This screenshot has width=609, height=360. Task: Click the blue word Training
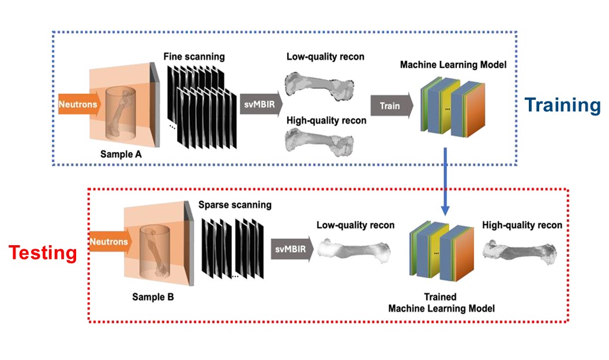[562, 105]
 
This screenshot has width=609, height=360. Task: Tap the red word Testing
[43, 253]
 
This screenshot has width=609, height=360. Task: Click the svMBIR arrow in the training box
[261, 104]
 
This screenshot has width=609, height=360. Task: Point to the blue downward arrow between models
[445, 181]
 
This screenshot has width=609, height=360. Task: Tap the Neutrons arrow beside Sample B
[111, 242]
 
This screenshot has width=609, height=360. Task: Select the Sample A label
[121, 154]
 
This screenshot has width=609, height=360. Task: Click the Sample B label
[153, 297]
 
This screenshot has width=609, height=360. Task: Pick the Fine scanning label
[194, 57]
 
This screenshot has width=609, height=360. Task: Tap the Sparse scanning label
[235, 205]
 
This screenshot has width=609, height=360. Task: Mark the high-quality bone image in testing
[520, 253]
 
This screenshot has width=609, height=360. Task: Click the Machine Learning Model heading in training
[453, 65]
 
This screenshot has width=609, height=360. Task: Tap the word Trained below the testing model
[440, 297]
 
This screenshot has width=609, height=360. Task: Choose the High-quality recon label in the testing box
[522, 225]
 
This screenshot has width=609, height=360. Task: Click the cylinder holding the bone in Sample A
[121, 114]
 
